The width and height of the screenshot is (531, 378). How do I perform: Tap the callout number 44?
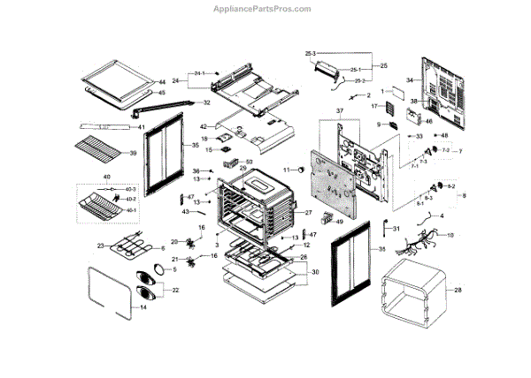click(162, 81)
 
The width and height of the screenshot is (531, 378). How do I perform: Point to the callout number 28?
click(458, 290)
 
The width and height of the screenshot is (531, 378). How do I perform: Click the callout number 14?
click(143, 308)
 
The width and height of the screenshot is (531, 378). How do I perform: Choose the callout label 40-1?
click(132, 210)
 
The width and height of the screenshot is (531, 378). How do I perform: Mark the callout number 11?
click(287, 169)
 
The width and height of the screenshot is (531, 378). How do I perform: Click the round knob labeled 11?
click(300, 168)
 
